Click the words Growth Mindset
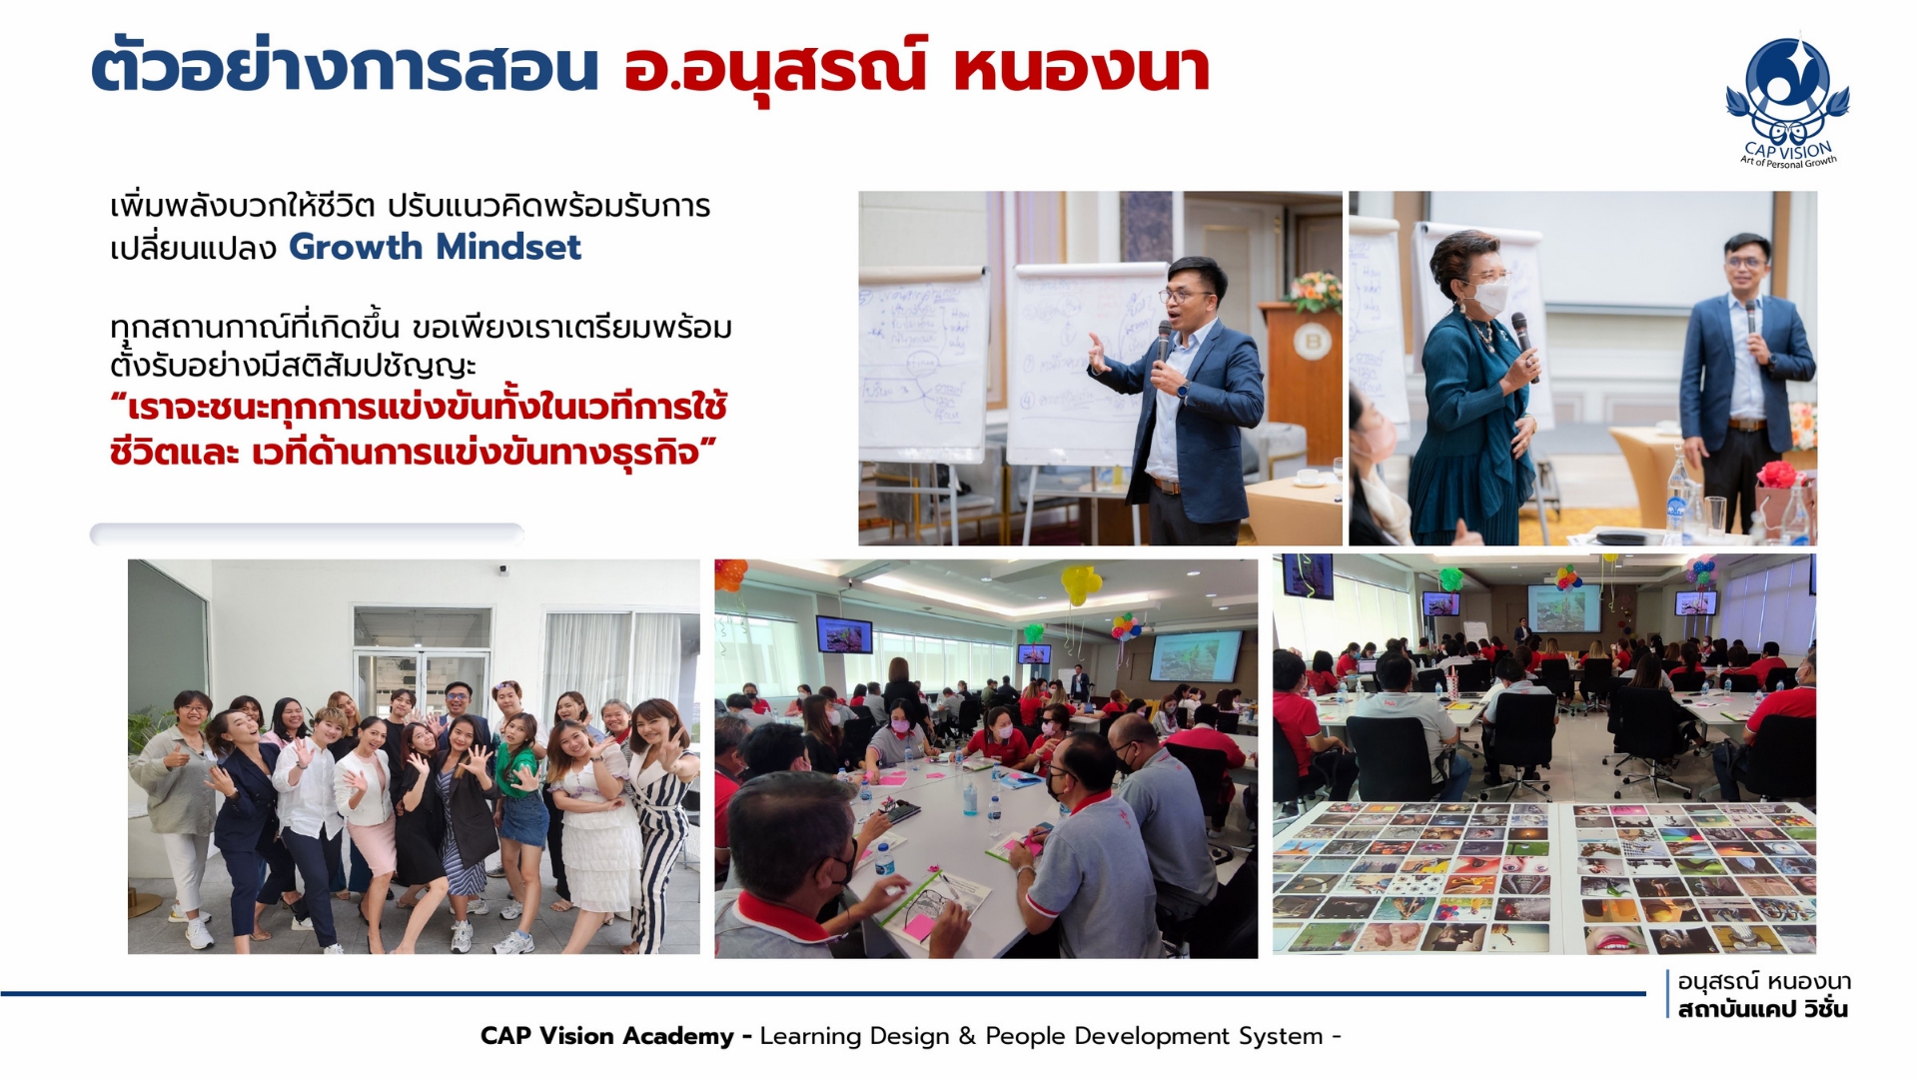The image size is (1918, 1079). click(x=435, y=247)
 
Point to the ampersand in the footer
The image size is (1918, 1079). click(x=966, y=1036)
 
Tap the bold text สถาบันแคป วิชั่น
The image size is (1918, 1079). click(x=1763, y=1009)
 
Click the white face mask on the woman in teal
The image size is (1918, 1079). click(x=1488, y=295)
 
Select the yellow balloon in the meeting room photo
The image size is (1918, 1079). click(x=1080, y=584)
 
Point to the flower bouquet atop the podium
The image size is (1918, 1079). click(x=1313, y=291)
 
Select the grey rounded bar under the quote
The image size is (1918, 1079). click(x=307, y=535)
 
